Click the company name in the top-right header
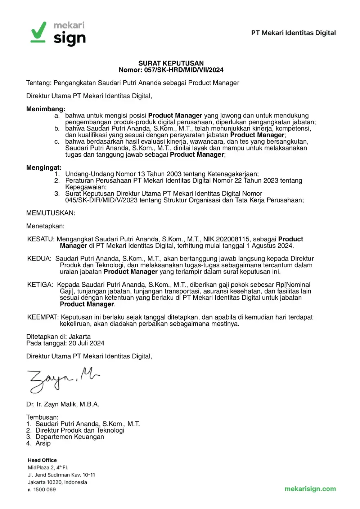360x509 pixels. coord(293,33)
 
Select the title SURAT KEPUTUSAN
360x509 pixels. coord(171,63)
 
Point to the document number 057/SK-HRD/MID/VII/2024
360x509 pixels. coord(184,70)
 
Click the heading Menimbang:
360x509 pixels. coord(46,109)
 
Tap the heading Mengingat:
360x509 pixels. coord(44,168)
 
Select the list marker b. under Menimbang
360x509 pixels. coord(57,129)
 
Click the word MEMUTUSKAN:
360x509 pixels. coord(51,213)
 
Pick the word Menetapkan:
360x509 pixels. coord(45,226)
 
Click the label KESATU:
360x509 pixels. coord(41,239)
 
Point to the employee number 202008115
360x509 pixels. coord(233,239)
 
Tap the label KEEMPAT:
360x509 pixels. coord(43,317)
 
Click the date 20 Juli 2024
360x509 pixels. coord(86,343)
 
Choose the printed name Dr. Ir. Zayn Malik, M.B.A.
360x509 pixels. coord(63,404)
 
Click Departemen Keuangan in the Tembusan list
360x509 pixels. coord(69,437)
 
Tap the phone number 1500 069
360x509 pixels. coord(45,490)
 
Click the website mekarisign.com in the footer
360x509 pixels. coord(310,489)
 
